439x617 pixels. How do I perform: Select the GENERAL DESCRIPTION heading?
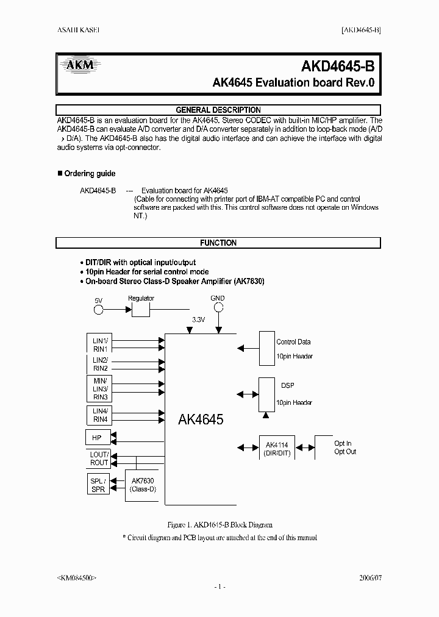point(218,110)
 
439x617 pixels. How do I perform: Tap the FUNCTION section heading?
point(218,243)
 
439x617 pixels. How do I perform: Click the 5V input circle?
point(98,310)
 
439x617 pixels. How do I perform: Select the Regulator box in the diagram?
point(141,310)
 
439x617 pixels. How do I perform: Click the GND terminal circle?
point(218,308)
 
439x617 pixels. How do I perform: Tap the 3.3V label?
point(198,319)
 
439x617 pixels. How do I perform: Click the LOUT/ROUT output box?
point(99,458)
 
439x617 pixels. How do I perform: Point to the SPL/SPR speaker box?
point(98,485)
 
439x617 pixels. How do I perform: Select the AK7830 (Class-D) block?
point(143,485)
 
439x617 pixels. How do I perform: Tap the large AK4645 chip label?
point(201,419)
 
